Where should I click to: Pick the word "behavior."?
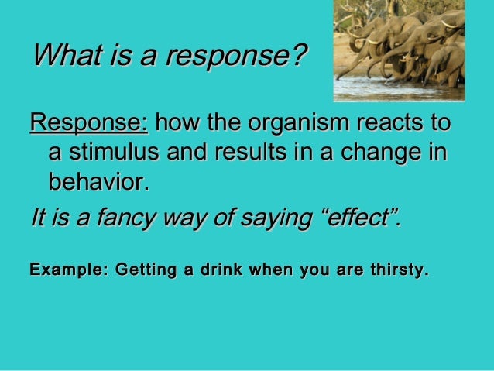coord(98,183)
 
